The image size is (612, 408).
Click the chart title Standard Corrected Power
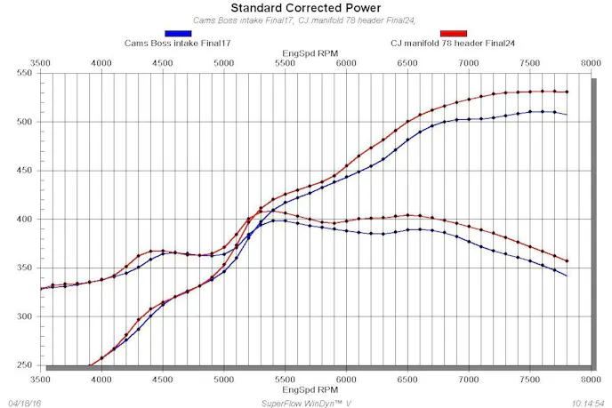tap(305, 8)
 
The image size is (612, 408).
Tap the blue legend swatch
tap(178, 33)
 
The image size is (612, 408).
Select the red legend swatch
tap(453, 33)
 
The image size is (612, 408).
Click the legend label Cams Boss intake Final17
tap(178, 43)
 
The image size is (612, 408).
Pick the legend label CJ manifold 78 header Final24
tap(453, 43)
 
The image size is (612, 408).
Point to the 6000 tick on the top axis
tap(346, 63)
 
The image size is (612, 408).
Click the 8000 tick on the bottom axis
tap(590, 379)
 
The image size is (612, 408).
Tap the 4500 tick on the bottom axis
tap(163, 379)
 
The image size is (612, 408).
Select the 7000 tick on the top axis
tap(468, 63)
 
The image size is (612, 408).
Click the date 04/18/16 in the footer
tap(23, 402)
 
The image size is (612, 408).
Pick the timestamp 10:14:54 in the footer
tap(588, 402)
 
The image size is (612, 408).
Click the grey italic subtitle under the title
tap(305, 20)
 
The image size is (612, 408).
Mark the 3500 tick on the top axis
tap(41, 63)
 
